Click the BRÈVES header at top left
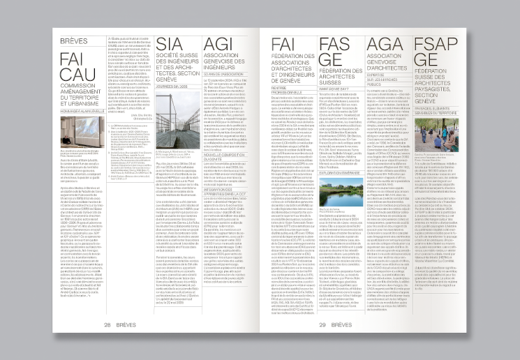[74, 41]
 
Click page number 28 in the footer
[108, 324]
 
